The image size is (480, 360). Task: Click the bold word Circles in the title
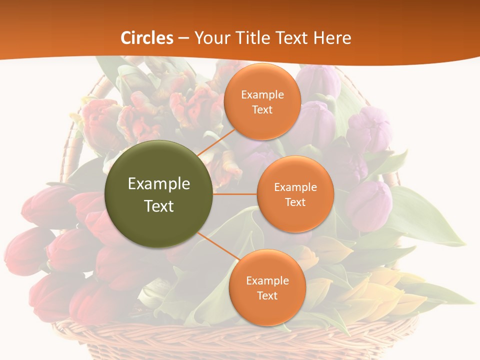pos(147,38)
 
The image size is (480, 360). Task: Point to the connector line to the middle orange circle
pos(235,194)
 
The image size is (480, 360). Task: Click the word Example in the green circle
pos(159,184)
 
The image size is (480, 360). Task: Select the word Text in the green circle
pos(159,206)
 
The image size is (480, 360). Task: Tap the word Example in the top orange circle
pos(262,94)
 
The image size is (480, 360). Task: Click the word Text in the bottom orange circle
pos(267,295)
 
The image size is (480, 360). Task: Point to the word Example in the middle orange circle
pos(295,187)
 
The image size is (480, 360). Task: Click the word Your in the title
pos(212,38)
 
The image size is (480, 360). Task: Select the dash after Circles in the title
pos(183,38)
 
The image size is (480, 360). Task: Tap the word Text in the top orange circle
pos(262,109)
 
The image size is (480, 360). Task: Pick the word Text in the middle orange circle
pos(295,202)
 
